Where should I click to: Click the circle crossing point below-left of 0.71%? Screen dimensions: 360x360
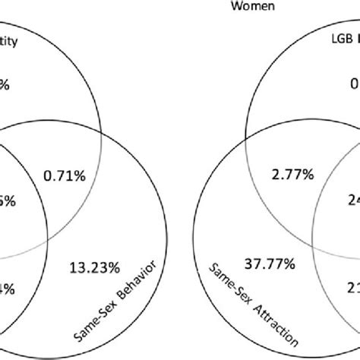coord(47,235)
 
